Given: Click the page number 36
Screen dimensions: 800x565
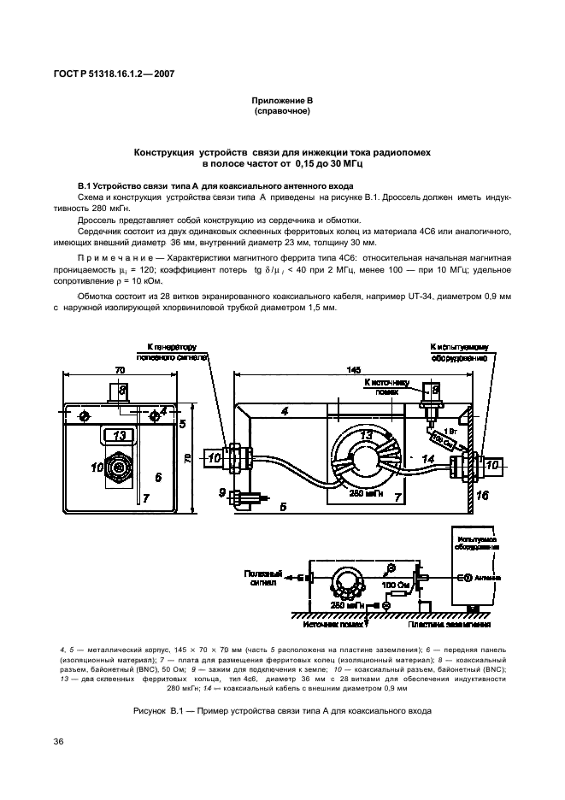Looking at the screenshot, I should [x=59, y=740].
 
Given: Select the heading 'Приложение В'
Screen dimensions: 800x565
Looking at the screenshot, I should [x=282, y=100].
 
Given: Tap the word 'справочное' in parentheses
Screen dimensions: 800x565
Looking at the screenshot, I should [x=282, y=111].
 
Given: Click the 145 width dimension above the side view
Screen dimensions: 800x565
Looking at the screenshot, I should [x=353, y=371].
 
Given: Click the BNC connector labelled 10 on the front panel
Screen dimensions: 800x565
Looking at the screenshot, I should [x=117, y=468].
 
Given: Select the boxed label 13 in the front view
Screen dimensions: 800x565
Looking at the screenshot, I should [x=120, y=435].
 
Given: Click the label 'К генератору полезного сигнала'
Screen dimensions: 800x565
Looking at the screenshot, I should [x=174, y=351].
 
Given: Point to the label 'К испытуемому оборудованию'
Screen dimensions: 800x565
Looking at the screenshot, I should [x=459, y=351].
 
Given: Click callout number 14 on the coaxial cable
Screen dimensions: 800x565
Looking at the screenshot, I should [x=429, y=459].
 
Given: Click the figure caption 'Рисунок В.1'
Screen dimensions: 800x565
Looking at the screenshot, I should [x=282, y=710].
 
